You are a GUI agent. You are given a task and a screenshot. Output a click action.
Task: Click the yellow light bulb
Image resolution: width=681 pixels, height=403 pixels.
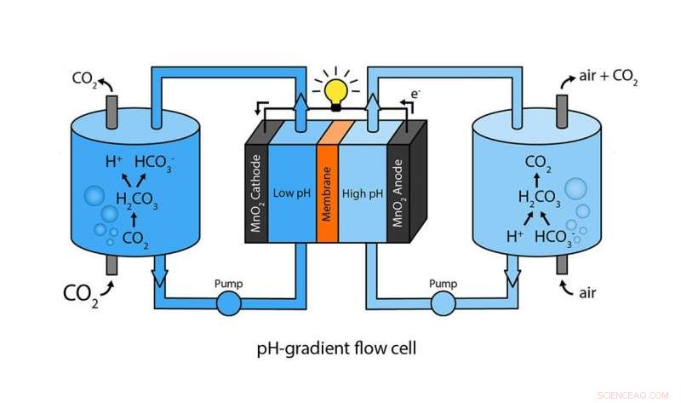(x=340, y=89)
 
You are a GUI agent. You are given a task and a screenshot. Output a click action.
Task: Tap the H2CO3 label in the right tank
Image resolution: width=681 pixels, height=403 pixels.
(x=539, y=199)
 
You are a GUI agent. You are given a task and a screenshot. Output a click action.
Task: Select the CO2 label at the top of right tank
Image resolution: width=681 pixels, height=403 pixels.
(x=538, y=162)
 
